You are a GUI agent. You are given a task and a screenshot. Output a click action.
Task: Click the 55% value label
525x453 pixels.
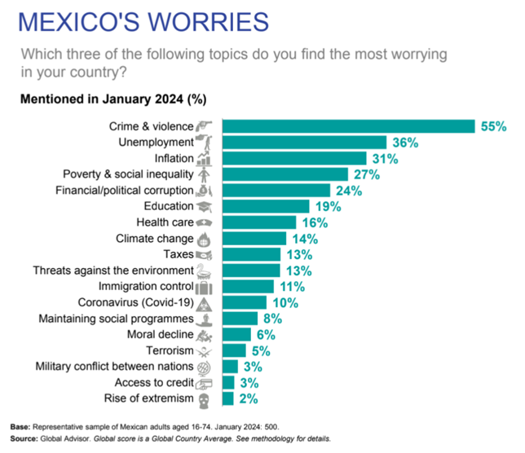pos(492,126)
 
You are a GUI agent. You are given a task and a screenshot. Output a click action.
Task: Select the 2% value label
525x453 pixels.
pos(249,398)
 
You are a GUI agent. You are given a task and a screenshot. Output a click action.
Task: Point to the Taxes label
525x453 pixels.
pos(178,254)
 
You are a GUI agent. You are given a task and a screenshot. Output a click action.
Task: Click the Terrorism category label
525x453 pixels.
pos(167,350)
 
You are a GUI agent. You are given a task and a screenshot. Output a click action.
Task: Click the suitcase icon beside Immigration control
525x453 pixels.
pos(205,287)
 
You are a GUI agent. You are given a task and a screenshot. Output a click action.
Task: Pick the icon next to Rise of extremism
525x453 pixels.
pos(205,399)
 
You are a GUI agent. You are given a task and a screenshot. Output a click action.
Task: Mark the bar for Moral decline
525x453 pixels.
pos(236,334)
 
